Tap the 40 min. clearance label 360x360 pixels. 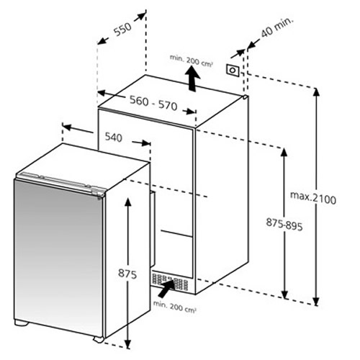(277, 27)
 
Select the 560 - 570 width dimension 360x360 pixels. (153, 103)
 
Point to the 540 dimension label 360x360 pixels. (114, 138)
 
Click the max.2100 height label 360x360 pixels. (313, 198)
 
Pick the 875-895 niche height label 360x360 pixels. (284, 225)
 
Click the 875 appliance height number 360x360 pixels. (127, 274)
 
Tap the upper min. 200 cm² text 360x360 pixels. (192, 60)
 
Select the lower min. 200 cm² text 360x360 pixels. (175, 307)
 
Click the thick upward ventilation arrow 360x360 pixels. (192, 78)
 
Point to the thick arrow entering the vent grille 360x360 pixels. (166, 288)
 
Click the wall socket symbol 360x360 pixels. (233, 71)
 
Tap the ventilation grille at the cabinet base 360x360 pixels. (170, 282)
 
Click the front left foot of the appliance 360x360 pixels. (22, 323)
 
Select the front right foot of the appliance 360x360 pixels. (99, 339)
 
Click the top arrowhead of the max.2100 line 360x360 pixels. (317, 93)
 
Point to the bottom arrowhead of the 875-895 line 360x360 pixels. (284, 294)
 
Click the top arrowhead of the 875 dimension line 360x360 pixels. (128, 203)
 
